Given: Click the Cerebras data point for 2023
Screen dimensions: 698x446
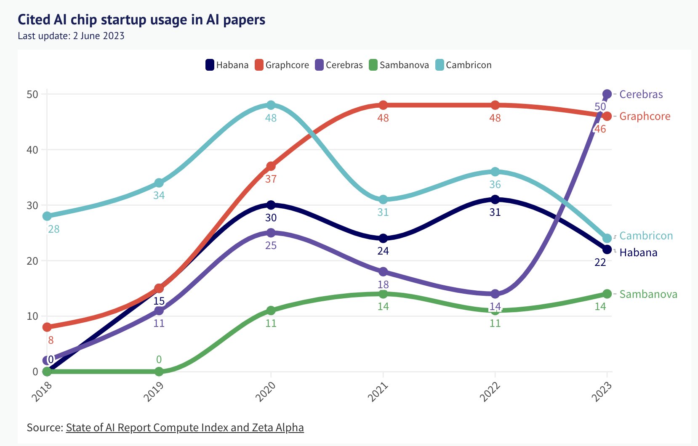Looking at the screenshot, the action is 607,94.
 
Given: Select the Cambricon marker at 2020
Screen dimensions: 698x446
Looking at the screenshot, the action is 271,105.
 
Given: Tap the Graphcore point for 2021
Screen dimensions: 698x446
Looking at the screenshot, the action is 383,105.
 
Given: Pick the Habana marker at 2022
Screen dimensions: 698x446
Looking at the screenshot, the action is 495,199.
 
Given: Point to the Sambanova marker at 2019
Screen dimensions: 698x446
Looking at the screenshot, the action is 159,371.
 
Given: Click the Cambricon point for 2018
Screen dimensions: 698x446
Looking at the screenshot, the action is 47,216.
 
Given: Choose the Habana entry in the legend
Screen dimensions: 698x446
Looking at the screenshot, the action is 227,65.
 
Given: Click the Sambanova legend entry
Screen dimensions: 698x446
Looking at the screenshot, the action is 399,65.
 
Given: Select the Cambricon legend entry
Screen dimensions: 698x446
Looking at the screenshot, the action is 464,65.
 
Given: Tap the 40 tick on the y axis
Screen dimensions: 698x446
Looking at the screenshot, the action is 32,150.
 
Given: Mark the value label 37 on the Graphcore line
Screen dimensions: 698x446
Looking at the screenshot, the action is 271,179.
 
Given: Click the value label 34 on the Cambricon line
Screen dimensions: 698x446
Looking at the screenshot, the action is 159,195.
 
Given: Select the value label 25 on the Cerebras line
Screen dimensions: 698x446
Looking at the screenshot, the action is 271,245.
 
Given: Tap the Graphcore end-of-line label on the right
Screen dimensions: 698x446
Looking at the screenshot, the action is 645,116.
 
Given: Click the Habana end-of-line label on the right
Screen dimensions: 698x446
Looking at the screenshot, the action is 638,252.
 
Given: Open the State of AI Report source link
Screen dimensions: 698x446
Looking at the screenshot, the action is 185,427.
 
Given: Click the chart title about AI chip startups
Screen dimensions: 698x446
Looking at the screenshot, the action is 141,19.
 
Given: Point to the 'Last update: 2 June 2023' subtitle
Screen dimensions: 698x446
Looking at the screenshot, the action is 71,36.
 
